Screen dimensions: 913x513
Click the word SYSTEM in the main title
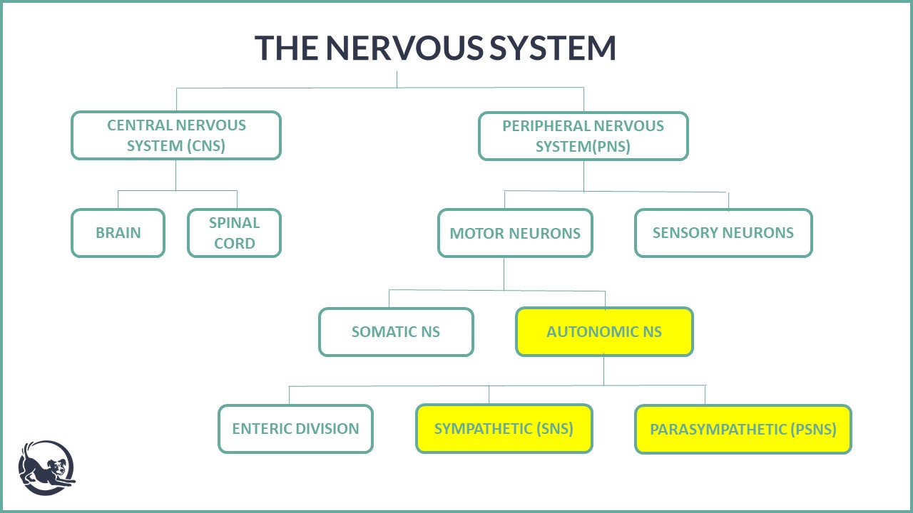click(x=552, y=48)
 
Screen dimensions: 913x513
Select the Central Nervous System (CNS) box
click(x=176, y=135)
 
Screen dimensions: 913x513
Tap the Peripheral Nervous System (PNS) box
click(x=583, y=136)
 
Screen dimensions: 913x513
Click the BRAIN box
click(x=118, y=233)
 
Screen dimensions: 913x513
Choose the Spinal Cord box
click(x=235, y=233)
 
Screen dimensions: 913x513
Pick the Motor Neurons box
click(x=515, y=233)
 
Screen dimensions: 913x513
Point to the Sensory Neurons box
click(x=723, y=233)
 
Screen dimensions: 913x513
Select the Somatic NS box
click(x=396, y=332)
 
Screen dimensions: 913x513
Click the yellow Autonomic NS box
click(x=604, y=332)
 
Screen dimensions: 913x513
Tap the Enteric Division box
click(x=295, y=429)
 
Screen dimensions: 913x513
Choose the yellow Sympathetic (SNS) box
click(x=504, y=429)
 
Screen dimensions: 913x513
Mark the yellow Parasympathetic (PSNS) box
click(x=743, y=429)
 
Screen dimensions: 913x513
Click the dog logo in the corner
click(x=47, y=468)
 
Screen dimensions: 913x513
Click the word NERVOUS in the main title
click(x=404, y=48)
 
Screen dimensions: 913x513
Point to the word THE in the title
click(x=286, y=48)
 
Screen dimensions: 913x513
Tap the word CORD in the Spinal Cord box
click(x=235, y=244)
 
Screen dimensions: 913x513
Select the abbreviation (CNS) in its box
click(x=206, y=146)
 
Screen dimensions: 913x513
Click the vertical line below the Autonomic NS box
click(x=604, y=370)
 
